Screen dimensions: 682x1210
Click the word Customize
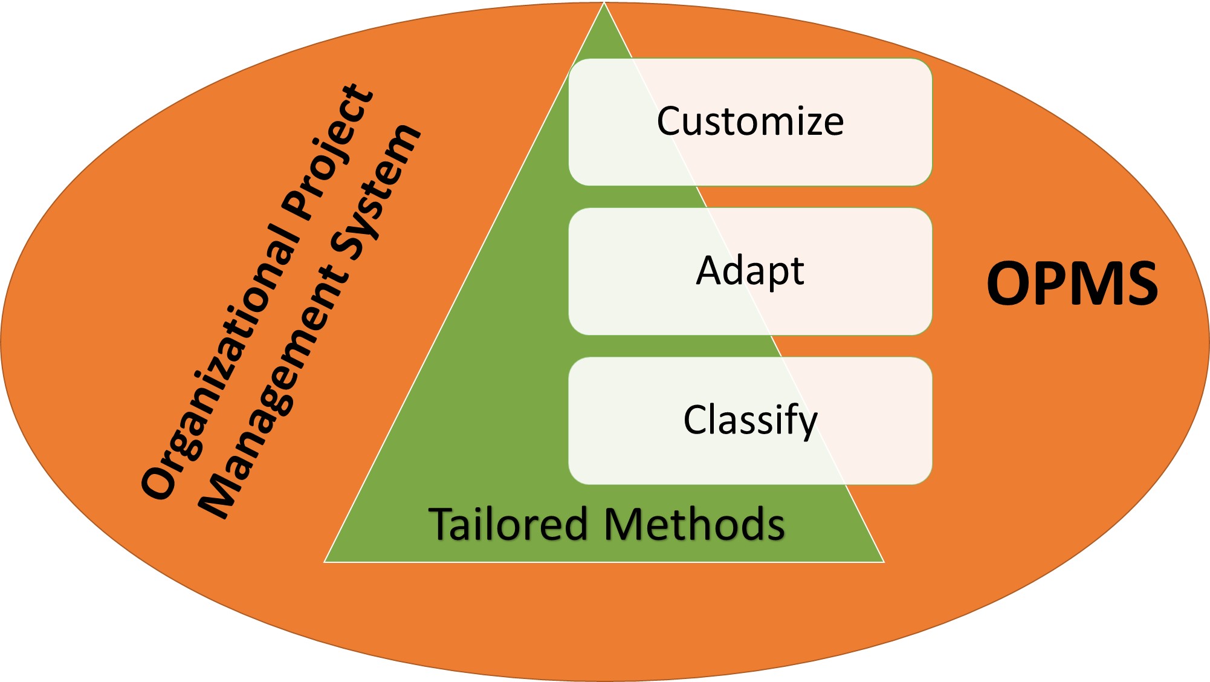click(750, 122)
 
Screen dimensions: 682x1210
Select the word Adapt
click(750, 271)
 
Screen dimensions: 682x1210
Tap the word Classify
click(750, 420)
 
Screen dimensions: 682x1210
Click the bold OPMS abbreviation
click(1072, 284)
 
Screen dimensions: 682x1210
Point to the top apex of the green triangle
click(604, 5)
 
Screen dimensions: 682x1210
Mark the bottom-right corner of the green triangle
click(882, 561)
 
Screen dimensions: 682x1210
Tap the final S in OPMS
click(1139, 284)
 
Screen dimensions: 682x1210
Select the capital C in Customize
click(669, 122)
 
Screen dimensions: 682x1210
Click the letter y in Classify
click(807, 423)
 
